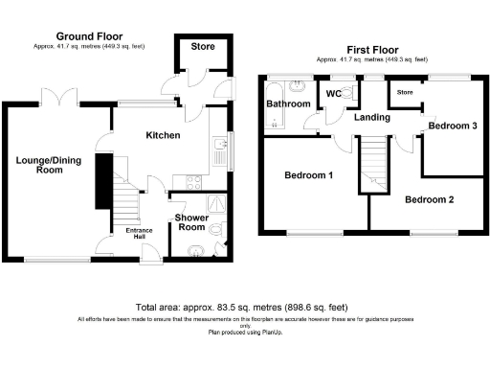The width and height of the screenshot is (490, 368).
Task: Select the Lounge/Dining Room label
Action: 45,164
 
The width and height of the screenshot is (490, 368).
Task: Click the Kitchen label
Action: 163,136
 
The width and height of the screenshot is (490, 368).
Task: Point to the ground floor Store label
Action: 202,46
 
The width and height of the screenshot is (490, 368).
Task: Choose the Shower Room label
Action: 191,222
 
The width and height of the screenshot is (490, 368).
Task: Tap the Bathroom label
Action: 288,103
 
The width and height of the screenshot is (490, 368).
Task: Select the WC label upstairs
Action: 334,94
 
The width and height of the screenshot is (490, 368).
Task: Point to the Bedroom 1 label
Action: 308,175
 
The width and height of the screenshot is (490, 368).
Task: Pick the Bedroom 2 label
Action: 428,200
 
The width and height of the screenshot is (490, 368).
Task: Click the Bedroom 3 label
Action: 450,126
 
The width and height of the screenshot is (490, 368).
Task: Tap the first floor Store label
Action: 405,93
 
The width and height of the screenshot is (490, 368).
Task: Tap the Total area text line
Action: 245,306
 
